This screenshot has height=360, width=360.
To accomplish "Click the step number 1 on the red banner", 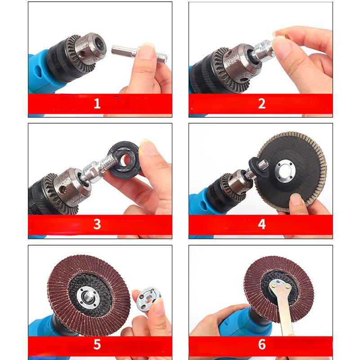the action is pyautogui.click(x=97, y=103).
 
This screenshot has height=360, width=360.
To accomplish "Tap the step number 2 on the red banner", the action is pyautogui.click(x=262, y=103).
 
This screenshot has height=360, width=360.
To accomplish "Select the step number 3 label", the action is pyautogui.click(x=97, y=224).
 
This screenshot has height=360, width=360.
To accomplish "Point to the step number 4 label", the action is pyautogui.click(x=262, y=224).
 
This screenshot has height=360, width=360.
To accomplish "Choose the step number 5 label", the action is pyautogui.click(x=97, y=344).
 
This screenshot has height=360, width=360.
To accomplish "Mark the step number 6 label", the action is pyautogui.click(x=262, y=344).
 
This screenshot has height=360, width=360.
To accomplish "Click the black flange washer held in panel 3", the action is pyautogui.click(x=125, y=160).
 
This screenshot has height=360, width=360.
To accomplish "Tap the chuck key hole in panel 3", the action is pyautogui.click(x=63, y=189).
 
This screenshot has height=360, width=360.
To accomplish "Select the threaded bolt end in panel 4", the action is pyautogui.click(x=263, y=165).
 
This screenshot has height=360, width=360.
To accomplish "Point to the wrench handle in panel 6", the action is pyautogui.click(x=284, y=316).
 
